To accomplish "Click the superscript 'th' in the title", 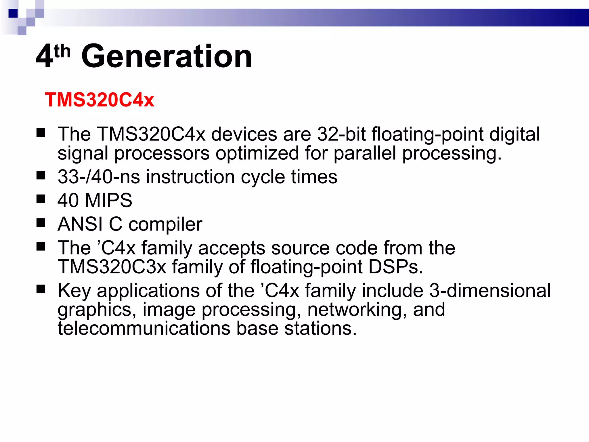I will pos(62,52).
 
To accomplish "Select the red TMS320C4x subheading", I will pos(99,100).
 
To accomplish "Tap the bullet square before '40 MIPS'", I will pos(41,199).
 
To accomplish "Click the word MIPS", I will pos(108,200).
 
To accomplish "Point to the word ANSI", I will pos(80,224).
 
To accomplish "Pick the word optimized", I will pos(257,153).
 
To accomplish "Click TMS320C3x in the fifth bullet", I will pos(112,267).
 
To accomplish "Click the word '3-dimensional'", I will pos(490,290).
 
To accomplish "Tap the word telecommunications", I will pos(144,328).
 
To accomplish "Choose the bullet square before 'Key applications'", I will pos(41,289).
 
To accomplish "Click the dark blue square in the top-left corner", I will pos(13,13).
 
